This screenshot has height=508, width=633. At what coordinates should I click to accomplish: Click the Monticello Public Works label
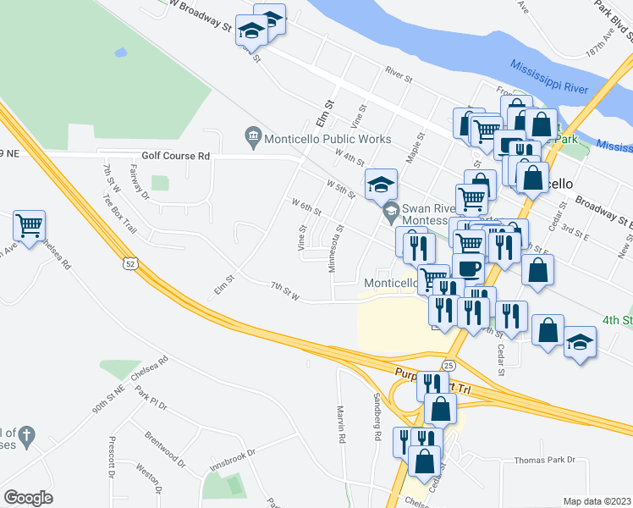tap(328, 139)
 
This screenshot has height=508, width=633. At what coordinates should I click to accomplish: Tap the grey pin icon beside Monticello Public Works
tap(252, 135)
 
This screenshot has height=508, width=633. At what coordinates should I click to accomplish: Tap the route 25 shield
tap(449, 365)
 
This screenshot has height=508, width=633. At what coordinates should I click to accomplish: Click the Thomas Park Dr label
tap(544, 460)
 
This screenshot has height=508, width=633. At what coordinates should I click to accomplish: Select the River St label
tap(397, 77)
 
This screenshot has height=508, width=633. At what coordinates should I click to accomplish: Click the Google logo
tap(28, 498)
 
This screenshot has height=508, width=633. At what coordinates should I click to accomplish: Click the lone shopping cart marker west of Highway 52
tap(29, 226)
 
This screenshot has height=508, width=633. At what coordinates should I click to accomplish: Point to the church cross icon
tap(26, 437)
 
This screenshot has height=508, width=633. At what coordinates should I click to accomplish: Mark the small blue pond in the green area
tap(121, 52)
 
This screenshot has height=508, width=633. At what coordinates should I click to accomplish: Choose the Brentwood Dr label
tap(166, 450)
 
